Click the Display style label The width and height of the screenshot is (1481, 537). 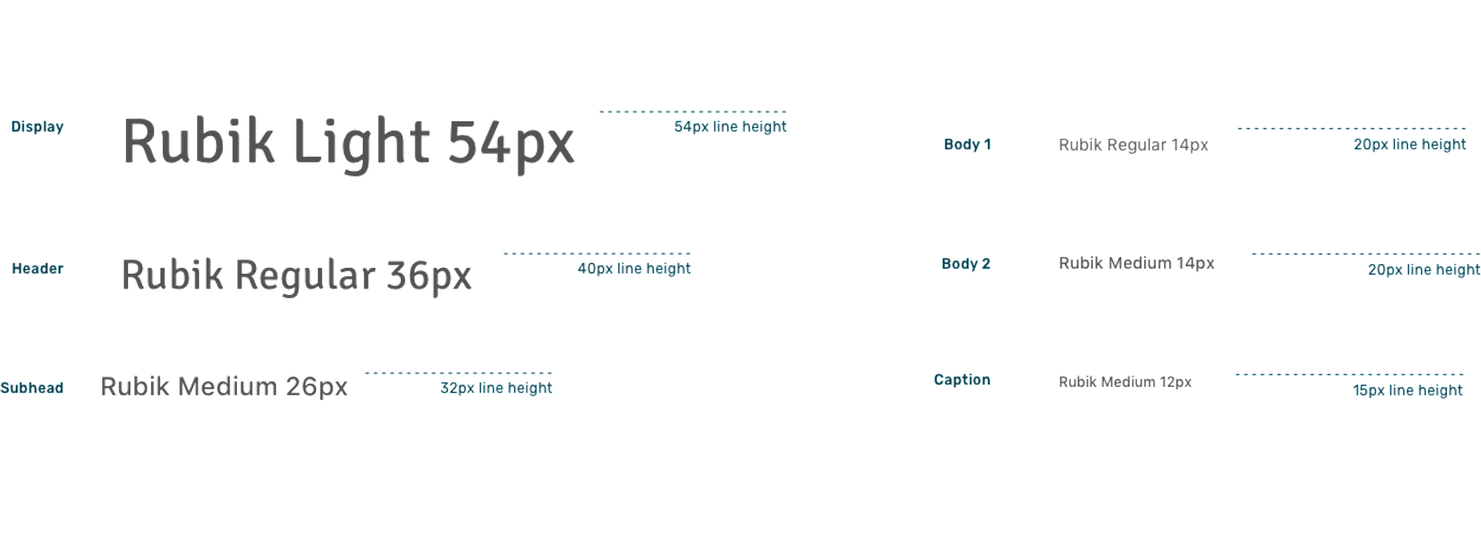pos(38,127)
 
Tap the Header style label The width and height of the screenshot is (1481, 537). pos(38,268)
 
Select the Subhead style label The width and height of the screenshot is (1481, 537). pos(33,388)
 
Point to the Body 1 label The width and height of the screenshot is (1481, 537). pos(966,145)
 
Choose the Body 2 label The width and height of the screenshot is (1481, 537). pos(966,264)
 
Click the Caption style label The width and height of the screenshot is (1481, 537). pos(961,380)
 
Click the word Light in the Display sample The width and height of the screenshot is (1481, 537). pos(362,142)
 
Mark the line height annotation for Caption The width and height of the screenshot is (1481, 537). pos(1408,391)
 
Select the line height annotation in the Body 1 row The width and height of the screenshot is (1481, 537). pos(1409,145)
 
